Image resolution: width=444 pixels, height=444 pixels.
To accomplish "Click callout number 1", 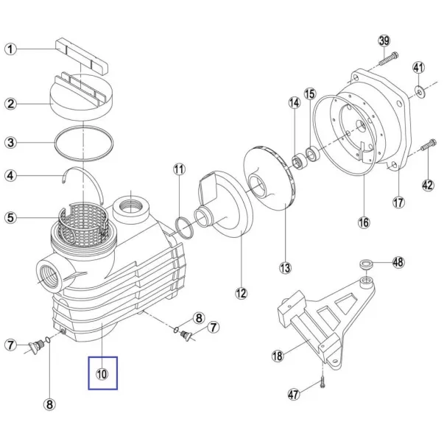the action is pos(10,49).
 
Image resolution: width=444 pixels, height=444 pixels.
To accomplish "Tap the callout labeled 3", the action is pos(10,142).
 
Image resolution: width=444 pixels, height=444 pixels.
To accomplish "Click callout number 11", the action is pos(179,169).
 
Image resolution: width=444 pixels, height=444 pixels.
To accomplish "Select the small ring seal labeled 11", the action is pos(184,227).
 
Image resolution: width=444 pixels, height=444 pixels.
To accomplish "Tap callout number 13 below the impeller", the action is pos(285,267).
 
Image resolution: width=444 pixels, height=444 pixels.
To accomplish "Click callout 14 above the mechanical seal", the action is pos(295,103).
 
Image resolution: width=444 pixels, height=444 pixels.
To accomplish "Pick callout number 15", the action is pos(310,94).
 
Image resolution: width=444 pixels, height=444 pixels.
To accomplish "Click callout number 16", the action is pos(364,222).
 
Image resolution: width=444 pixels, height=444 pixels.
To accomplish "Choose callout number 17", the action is pos(398,202).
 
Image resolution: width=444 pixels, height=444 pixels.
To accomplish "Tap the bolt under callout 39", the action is pos(388,59).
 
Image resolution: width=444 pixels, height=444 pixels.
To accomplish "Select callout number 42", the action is pos(428,186).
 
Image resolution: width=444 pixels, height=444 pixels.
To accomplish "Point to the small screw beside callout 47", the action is pos(323,381).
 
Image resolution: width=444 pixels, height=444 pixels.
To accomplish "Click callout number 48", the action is pos(398,262).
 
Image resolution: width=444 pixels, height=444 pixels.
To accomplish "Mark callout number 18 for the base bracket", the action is pos(278,356).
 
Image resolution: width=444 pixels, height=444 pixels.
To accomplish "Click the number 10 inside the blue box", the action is pos(102,374).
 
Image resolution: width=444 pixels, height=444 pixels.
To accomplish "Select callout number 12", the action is pos(242,293).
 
